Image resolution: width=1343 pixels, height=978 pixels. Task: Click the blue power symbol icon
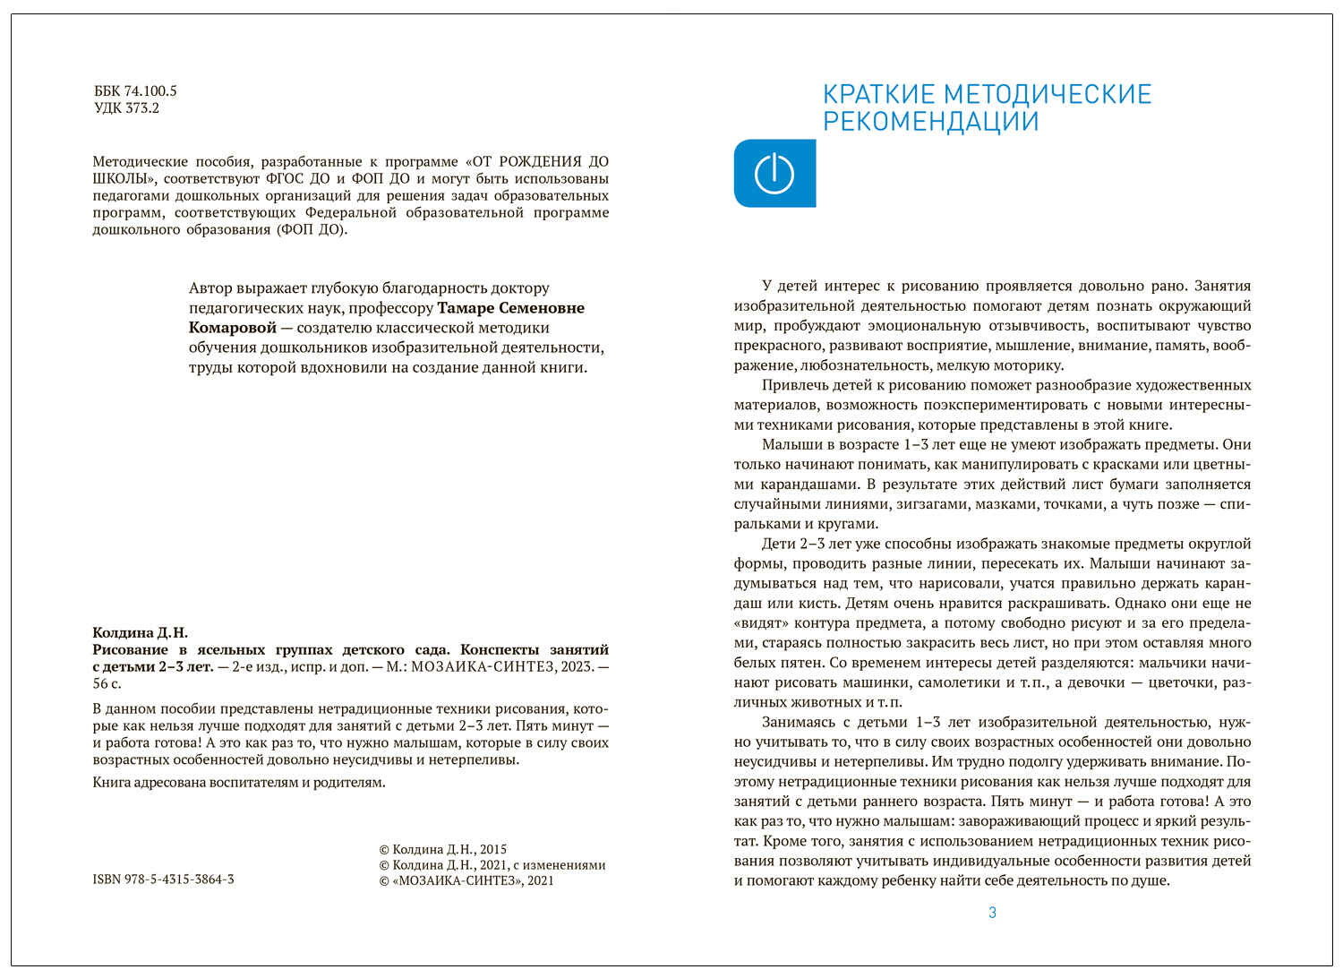[774, 174]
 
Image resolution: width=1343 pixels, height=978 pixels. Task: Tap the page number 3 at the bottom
[992, 913]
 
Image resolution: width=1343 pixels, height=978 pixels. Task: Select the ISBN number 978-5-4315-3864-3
[163, 879]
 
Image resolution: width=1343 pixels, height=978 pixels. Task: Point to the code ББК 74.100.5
[135, 91]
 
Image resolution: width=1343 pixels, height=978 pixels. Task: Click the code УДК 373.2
[126, 108]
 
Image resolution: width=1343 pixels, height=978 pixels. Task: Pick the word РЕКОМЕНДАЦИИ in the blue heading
[931, 122]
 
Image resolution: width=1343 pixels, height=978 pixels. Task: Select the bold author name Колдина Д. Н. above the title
[140, 632]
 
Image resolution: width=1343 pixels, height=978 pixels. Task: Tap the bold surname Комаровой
[233, 328]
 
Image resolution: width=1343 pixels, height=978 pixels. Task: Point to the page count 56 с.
[107, 683]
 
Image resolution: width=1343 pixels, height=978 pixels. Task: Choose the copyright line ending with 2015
[443, 849]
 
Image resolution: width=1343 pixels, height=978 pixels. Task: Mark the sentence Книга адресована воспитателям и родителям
[239, 783]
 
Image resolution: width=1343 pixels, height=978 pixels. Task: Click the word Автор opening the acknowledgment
[211, 288]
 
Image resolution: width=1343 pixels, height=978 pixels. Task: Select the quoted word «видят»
[761, 623]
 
